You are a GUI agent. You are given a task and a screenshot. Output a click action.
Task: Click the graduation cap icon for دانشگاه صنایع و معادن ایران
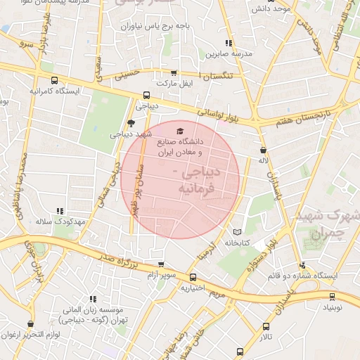click(179, 131)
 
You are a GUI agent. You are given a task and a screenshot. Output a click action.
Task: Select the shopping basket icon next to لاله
click(263, 150)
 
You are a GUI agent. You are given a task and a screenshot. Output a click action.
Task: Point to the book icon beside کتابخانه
click(236, 232)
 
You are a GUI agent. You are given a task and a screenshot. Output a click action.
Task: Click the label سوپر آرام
click(160, 274)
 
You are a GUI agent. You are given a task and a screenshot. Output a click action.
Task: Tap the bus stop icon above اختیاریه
click(192, 277)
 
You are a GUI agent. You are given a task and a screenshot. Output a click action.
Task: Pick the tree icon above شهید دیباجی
click(131, 124)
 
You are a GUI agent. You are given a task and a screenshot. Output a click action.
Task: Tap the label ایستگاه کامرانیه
click(55, 91)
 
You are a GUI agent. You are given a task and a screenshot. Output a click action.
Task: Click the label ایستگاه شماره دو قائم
click(302, 276)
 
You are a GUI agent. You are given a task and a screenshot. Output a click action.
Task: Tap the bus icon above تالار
click(266, 327)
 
